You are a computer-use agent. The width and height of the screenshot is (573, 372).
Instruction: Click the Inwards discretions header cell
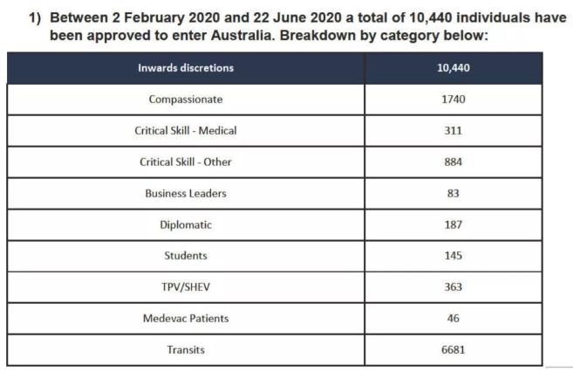[186, 68]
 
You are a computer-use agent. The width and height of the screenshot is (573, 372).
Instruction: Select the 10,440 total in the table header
[453, 68]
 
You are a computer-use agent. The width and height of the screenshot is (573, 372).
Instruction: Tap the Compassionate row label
[186, 99]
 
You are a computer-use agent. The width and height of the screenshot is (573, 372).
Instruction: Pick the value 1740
[453, 99]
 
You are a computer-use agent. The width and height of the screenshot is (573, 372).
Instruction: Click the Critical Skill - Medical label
[186, 130]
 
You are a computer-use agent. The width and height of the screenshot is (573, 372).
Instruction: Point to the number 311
[453, 130]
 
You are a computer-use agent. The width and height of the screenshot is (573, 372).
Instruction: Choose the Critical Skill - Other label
[186, 162]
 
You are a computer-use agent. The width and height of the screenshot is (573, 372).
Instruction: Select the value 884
[453, 162]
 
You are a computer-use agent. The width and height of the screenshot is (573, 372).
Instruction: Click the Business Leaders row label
[186, 193]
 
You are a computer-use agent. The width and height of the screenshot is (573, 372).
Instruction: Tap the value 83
[453, 193]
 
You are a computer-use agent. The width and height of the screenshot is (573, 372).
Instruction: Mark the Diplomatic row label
[186, 224]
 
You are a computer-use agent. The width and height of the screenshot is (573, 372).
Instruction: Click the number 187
[453, 224]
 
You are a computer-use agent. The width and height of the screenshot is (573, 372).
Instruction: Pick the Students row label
[186, 256]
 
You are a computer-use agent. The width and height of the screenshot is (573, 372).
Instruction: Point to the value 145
[453, 256]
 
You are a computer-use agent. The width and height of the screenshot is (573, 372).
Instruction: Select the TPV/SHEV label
[186, 286]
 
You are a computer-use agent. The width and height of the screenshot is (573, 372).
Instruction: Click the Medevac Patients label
[186, 318]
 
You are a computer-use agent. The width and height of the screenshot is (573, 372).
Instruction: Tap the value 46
[453, 318]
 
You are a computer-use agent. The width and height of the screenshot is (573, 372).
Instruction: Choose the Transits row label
[186, 349]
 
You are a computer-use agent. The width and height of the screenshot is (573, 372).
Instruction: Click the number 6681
[453, 349]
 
